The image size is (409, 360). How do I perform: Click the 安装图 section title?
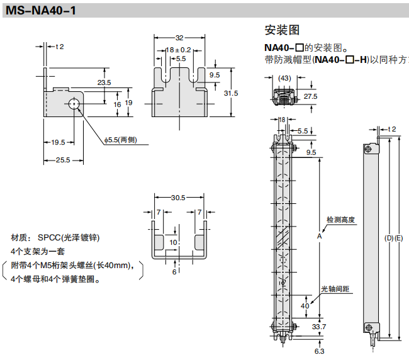point(281,30)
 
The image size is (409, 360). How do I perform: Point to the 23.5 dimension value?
point(104,82)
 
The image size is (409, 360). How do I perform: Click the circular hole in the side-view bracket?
point(75,104)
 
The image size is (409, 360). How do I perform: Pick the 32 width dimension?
point(179,37)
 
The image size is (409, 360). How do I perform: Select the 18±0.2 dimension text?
point(178,49)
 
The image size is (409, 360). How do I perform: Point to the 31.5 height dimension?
point(231,93)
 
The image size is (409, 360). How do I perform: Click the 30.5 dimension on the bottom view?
point(178,198)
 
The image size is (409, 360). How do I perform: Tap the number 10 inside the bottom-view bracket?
point(173,242)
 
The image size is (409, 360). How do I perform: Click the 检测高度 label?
point(340,220)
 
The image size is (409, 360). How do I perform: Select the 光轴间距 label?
point(335,289)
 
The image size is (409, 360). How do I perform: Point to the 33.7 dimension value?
point(319,326)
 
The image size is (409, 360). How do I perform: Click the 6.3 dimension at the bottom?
point(319,351)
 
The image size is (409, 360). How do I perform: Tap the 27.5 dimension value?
point(310,96)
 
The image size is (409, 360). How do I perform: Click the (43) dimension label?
point(284,77)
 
